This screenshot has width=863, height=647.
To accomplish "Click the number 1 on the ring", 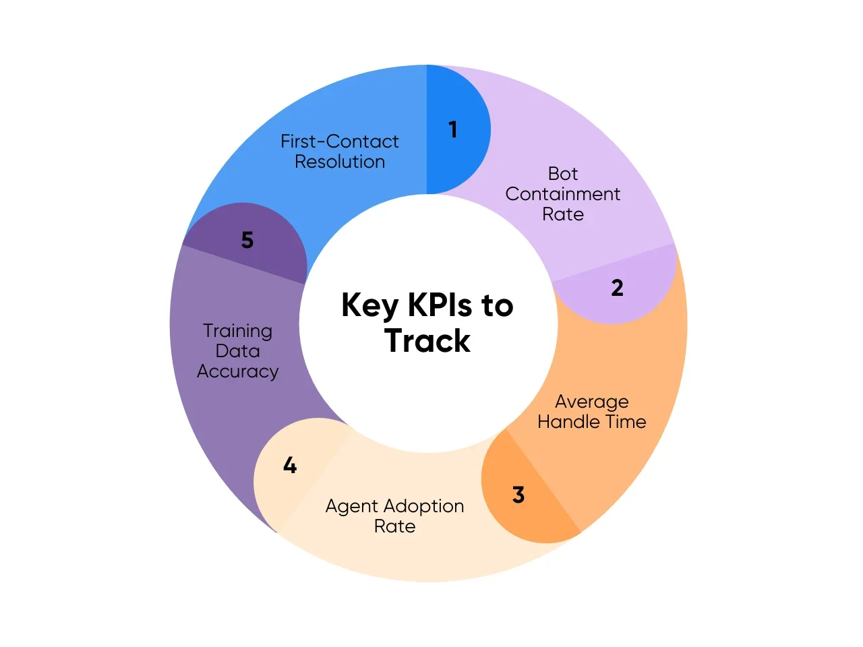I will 453,129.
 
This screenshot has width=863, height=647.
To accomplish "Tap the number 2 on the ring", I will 617,288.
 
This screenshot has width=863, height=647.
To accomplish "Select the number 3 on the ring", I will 518,495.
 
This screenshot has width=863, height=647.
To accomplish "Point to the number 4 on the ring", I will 290,465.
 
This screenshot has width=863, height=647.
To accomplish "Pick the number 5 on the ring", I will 247,240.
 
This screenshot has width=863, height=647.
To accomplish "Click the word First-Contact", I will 339,142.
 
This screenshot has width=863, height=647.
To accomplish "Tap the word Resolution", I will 340,162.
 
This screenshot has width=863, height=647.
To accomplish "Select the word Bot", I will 563,174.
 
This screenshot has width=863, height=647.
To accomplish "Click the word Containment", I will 563,194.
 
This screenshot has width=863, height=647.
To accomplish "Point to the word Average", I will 592,402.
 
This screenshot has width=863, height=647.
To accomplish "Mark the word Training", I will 238,331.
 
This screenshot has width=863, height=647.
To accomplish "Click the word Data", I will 237,351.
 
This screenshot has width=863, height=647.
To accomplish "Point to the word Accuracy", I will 237,372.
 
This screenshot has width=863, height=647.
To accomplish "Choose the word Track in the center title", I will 427,341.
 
